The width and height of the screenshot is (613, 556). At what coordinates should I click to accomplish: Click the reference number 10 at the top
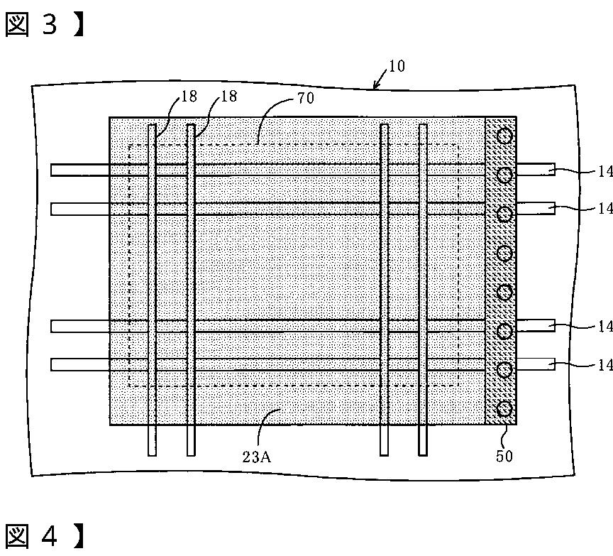point(397,67)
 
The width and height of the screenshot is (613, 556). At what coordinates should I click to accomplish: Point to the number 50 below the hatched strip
point(502,455)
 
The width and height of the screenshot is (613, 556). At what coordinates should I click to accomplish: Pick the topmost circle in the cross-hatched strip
point(504,136)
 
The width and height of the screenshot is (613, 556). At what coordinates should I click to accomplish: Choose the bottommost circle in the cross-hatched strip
point(504,408)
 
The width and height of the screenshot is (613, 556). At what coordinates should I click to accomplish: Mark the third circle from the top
point(504,214)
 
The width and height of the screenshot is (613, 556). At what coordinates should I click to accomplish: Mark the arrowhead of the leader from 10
point(375,88)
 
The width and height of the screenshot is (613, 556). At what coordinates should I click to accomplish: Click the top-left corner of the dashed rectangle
point(129,145)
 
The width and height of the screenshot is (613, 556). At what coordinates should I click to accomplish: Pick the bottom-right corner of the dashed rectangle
point(459,386)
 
